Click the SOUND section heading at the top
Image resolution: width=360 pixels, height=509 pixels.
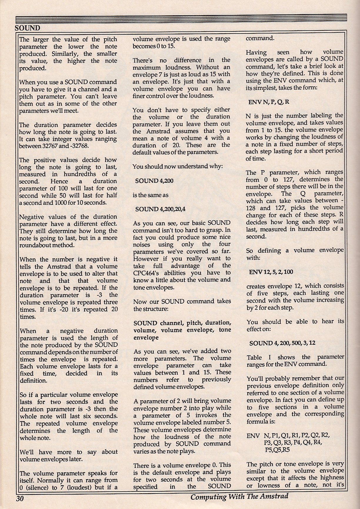coord(27,28)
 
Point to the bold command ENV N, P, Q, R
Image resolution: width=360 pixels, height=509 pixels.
coord(269,102)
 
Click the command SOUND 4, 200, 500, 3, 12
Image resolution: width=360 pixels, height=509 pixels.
coord(282,343)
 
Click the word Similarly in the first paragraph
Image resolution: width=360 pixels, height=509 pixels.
coord(64,54)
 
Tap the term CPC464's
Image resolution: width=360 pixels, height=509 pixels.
coord(149,273)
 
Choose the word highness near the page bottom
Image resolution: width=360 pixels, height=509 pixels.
coord(329,478)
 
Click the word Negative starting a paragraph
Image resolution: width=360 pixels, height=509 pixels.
coord(33,217)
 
